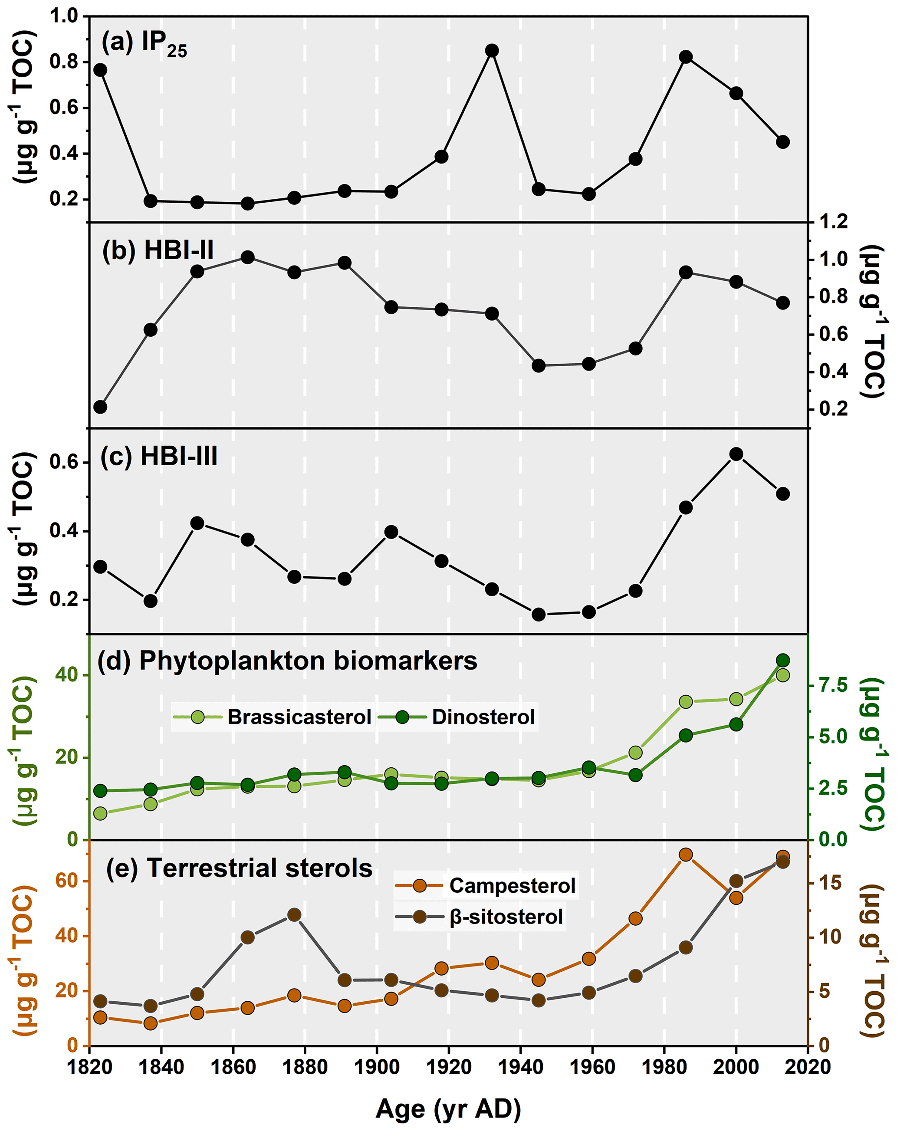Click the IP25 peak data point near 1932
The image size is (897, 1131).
click(492, 50)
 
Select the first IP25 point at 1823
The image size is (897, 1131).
click(100, 70)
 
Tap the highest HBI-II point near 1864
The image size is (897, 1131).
click(248, 257)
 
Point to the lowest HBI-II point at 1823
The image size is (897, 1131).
click(100, 407)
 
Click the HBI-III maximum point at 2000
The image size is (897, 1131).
click(736, 454)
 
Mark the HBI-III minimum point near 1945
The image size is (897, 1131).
click(538, 614)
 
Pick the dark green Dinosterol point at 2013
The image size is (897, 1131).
click(782, 661)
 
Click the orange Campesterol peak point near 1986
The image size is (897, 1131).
click(686, 855)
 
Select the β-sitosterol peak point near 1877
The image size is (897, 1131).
click(294, 915)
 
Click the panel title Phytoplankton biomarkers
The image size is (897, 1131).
click(308, 661)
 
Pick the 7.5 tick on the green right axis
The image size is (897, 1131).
click(834, 685)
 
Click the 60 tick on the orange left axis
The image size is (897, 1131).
click(67, 881)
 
